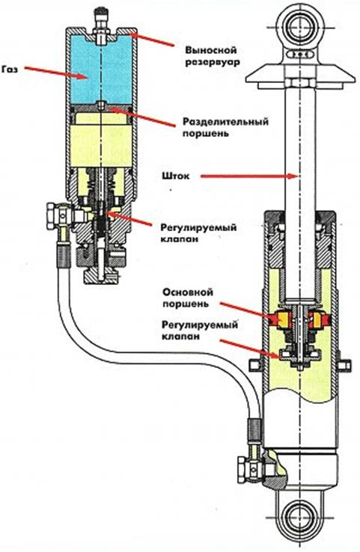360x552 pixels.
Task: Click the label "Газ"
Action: pos(10,69)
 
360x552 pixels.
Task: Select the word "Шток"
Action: pos(177,176)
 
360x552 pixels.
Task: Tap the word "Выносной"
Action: pos(211,50)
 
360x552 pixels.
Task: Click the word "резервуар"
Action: pos(213,62)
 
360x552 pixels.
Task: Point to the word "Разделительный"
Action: pos(225,121)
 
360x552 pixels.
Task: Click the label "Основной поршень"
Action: pos(188,298)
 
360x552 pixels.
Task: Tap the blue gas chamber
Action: pos(101,69)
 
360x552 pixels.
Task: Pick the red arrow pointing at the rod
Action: pos(249,176)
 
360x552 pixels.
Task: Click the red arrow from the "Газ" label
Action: pos(55,73)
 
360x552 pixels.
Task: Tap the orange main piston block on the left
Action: pos(281,319)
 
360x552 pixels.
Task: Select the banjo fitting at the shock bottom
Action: pos(249,467)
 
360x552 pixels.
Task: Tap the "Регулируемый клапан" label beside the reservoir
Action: pos(198,233)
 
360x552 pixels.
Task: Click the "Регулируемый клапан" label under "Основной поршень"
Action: pos(200,330)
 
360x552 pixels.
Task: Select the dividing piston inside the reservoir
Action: pos(101,108)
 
